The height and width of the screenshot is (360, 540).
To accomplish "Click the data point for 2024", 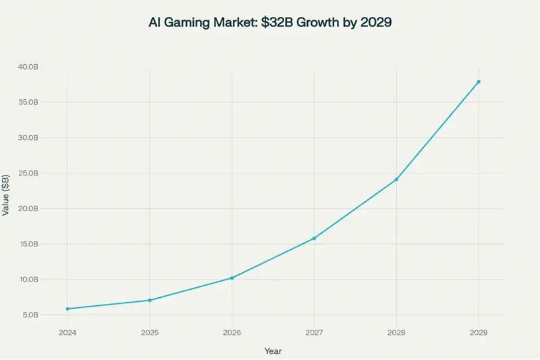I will pos(67,309).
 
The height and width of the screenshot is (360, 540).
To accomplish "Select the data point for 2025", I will pos(150,300).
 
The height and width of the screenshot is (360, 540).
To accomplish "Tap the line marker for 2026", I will pos(232,278).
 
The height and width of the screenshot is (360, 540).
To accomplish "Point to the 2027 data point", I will pos(315,238).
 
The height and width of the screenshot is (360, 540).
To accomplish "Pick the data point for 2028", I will pos(396,179).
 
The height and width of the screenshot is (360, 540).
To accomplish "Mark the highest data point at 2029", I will pos(479,82).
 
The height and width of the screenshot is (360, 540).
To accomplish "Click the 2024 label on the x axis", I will pos(67,332).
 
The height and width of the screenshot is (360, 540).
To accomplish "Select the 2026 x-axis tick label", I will pos(232,332).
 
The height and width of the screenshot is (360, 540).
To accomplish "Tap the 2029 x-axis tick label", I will pos(479,332).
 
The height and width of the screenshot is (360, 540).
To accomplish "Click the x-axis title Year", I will pos(273,351).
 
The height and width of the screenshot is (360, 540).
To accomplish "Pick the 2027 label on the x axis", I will pos(315,332).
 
